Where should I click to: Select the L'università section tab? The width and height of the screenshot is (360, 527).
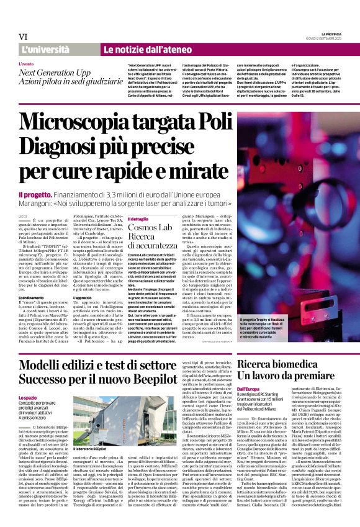(46, 49)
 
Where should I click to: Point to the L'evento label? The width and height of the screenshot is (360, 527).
(26, 64)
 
